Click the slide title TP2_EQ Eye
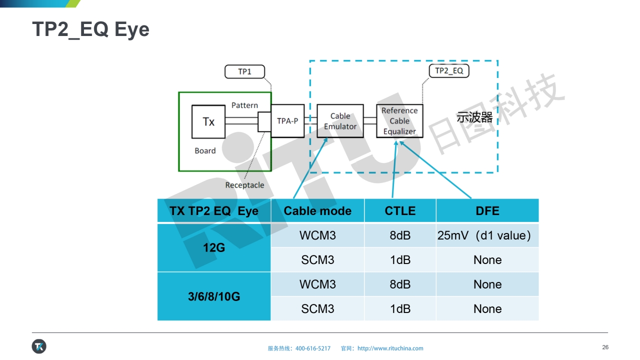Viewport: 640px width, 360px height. [90, 29]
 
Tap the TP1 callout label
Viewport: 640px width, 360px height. [244, 72]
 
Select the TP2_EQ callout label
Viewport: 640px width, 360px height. [448, 71]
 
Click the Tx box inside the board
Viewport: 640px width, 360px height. [208, 121]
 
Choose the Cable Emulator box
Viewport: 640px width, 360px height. [340, 121]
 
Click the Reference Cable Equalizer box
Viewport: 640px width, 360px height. [399, 121]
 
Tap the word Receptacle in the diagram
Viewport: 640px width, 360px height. [244, 185]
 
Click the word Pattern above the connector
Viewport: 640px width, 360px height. [244, 105]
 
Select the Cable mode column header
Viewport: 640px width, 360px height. [317, 211]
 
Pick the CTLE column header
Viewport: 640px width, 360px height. [400, 211]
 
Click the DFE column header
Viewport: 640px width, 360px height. [487, 211]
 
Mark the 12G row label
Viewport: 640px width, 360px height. [214, 247]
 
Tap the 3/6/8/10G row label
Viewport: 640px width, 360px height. [214, 296]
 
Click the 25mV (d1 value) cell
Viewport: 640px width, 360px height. [484, 235]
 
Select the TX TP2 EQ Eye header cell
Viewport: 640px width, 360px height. [214, 211]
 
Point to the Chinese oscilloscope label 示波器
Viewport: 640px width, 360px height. [474, 118]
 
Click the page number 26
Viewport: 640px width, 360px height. [605, 347]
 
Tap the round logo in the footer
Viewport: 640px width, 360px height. [39, 346]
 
